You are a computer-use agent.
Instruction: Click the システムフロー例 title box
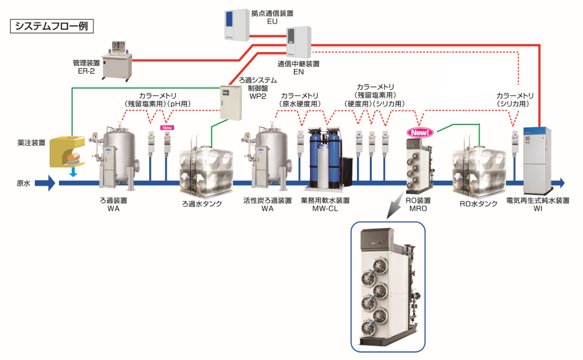pos(52,27)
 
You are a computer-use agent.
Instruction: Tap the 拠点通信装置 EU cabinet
pos(233,24)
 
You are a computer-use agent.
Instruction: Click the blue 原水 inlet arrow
pos(45,183)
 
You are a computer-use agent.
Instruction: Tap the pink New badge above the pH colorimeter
pos(167,127)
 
